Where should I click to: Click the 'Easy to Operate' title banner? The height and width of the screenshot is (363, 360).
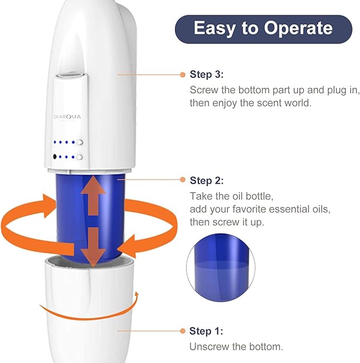coord(264,29)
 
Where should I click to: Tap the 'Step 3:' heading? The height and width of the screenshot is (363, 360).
coord(207,75)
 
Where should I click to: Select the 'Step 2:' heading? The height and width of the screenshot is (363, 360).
coord(207,181)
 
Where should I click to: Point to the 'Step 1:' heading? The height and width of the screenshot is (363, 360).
coord(206,331)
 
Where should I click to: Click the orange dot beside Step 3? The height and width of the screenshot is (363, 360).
coord(182,75)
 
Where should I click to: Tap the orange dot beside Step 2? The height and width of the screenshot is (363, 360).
coord(182,180)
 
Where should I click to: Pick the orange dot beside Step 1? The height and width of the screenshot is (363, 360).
coord(182,331)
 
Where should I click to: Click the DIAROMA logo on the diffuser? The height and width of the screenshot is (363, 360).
coord(67,117)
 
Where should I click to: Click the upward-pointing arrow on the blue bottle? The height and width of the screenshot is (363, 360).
coord(93,196)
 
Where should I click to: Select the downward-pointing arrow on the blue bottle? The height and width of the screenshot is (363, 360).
coord(93,247)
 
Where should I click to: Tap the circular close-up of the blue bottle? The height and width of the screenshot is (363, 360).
coord(221,268)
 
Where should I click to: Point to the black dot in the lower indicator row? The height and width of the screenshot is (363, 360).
coord(55,157)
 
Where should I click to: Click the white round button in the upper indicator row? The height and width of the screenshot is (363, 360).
coord(80,142)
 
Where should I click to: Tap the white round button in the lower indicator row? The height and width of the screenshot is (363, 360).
coord(80,157)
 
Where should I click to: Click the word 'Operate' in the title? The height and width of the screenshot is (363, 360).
coord(298,29)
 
